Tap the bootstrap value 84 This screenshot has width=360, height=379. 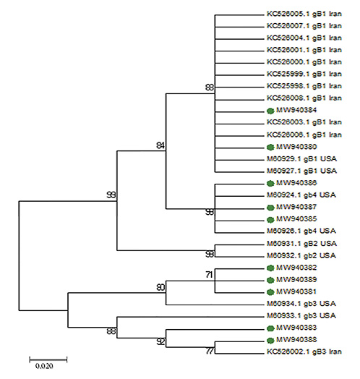[160, 146]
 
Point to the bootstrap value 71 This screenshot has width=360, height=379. [210, 274]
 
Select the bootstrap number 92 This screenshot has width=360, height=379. [160, 340]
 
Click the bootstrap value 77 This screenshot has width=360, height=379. [210, 352]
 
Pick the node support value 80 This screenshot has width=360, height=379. [160, 287]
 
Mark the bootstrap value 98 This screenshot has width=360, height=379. [210, 212]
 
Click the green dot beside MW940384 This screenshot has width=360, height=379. [270, 111]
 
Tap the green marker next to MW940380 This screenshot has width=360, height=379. [270, 147]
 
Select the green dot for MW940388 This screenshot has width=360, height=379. [270, 339]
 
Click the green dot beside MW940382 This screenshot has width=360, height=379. [270, 267]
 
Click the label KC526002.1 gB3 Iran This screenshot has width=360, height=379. [304, 352]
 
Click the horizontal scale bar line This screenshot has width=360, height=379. [48, 357]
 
